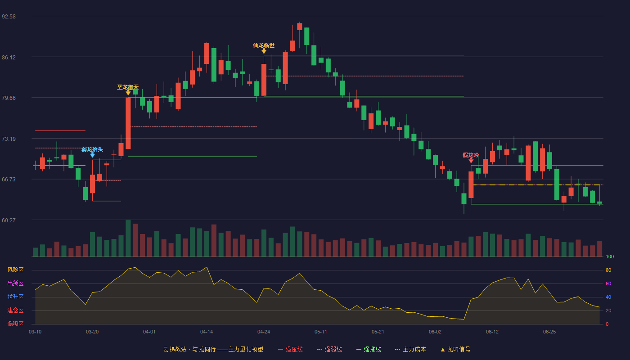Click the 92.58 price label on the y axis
9,17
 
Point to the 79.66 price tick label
9,98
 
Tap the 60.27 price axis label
9,220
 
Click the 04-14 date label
207,332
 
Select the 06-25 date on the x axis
549,332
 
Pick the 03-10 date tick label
35,332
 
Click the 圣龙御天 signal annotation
128,87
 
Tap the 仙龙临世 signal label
264,45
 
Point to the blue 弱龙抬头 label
92,149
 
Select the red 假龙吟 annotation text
471,155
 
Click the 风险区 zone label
15,270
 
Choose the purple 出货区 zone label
15,283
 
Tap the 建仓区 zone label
15,310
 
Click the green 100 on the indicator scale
610,256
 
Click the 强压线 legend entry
290,349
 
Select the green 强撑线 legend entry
369,349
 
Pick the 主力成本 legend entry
410,349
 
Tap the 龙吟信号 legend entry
455,349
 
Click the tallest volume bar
128,238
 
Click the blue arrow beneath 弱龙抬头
92,155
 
